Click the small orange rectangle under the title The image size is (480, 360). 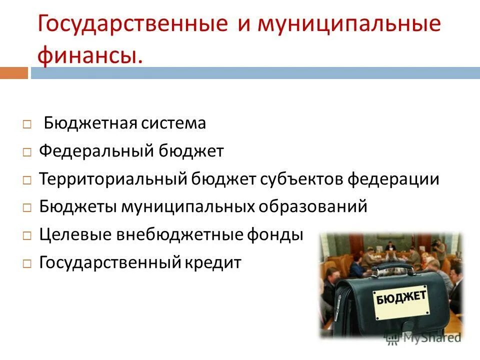[x=13, y=73]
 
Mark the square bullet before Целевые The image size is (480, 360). [x=27, y=235]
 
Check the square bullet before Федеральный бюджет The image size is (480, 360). [x=27, y=152]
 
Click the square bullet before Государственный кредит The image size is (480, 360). [x=27, y=263]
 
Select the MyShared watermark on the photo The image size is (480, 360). [x=422, y=338]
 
